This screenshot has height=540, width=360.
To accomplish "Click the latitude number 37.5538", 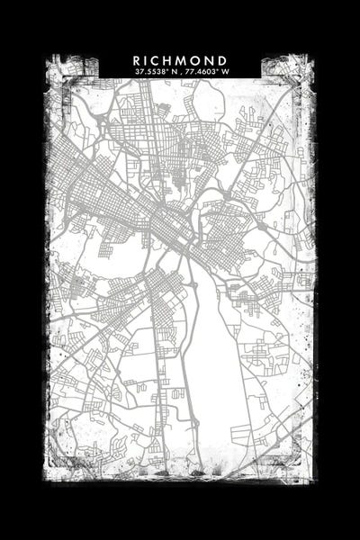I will [x=149, y=71].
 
